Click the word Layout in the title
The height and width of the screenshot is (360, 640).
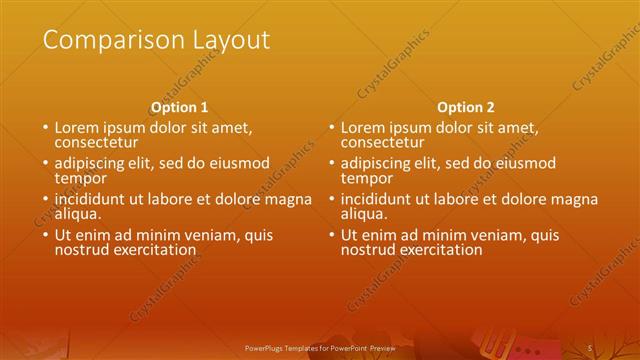229,40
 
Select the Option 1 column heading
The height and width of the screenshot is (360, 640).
180,107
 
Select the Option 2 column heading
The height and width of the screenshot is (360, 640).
466,107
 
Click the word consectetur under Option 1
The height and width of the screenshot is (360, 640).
97,143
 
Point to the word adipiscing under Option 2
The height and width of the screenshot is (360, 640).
380,164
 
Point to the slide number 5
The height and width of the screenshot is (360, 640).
589,347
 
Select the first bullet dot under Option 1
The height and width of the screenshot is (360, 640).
45,129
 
